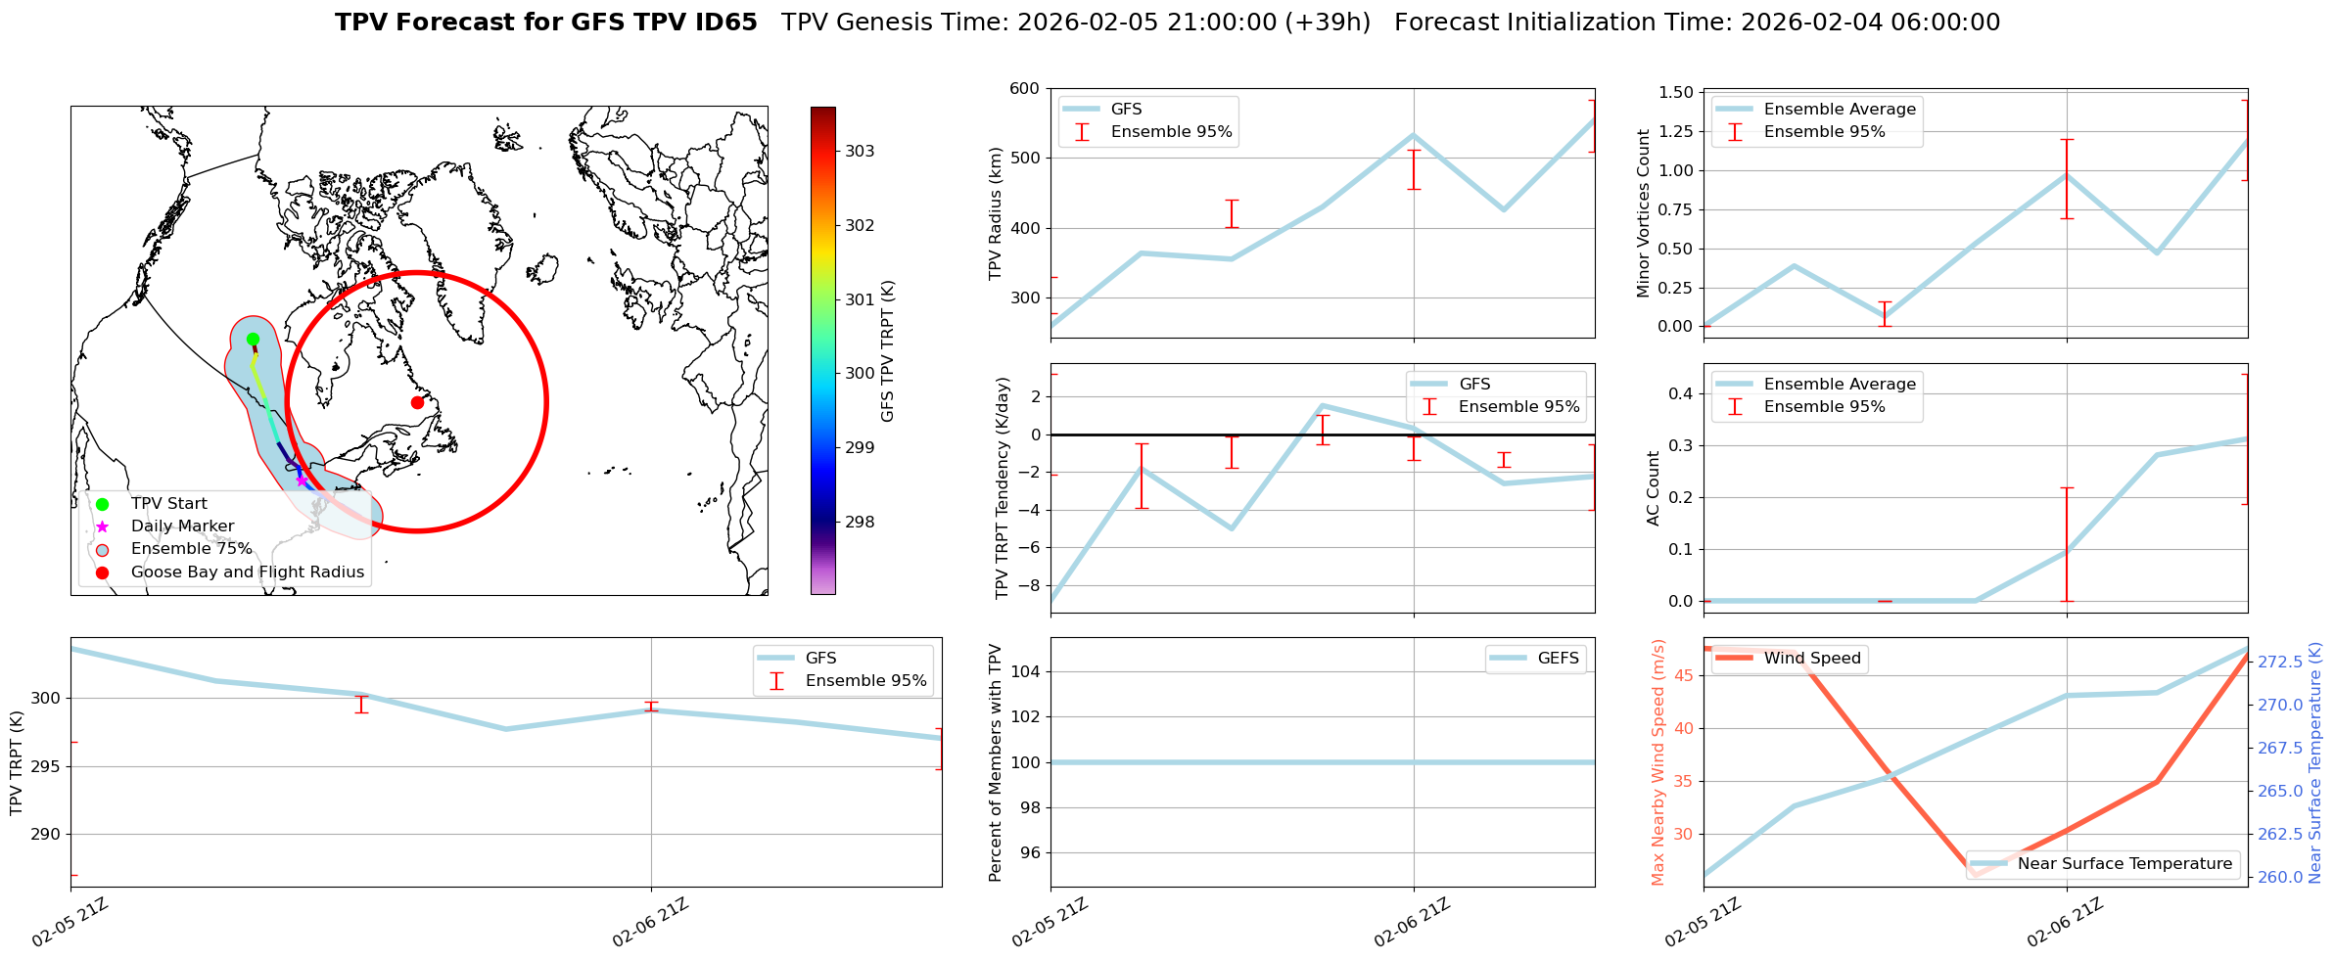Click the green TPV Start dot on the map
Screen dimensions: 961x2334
(x=253, y=340)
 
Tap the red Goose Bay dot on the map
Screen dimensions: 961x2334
(x=417, y=402)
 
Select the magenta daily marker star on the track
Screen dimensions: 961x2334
(x=302, y=480)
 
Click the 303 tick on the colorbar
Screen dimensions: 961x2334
(x=860, y=152)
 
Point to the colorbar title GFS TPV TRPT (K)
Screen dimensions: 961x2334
(x=888, y=351)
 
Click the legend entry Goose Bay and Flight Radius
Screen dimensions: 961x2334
(x=247, y=572)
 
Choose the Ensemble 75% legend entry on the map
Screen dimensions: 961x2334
(x=191, y=549)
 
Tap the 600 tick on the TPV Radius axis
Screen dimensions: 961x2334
(x=1023, y=89)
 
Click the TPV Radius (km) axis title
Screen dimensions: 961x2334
(x=996, y=213)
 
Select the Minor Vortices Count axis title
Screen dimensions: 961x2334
(x=1643, y=213)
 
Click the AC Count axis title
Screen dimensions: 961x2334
(x=1654, y=488)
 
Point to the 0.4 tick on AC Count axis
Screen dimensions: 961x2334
(x=1678, y=393)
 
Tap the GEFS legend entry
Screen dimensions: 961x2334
(x=1558, y=659)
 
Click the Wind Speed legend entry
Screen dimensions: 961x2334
(x=1811, y=659)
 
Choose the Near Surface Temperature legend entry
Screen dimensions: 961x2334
(x=2124, y=864)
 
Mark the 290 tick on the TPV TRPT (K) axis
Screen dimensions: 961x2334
(x=46, y=835)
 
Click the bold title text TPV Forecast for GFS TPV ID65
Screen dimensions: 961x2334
(x=545, y=23)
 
